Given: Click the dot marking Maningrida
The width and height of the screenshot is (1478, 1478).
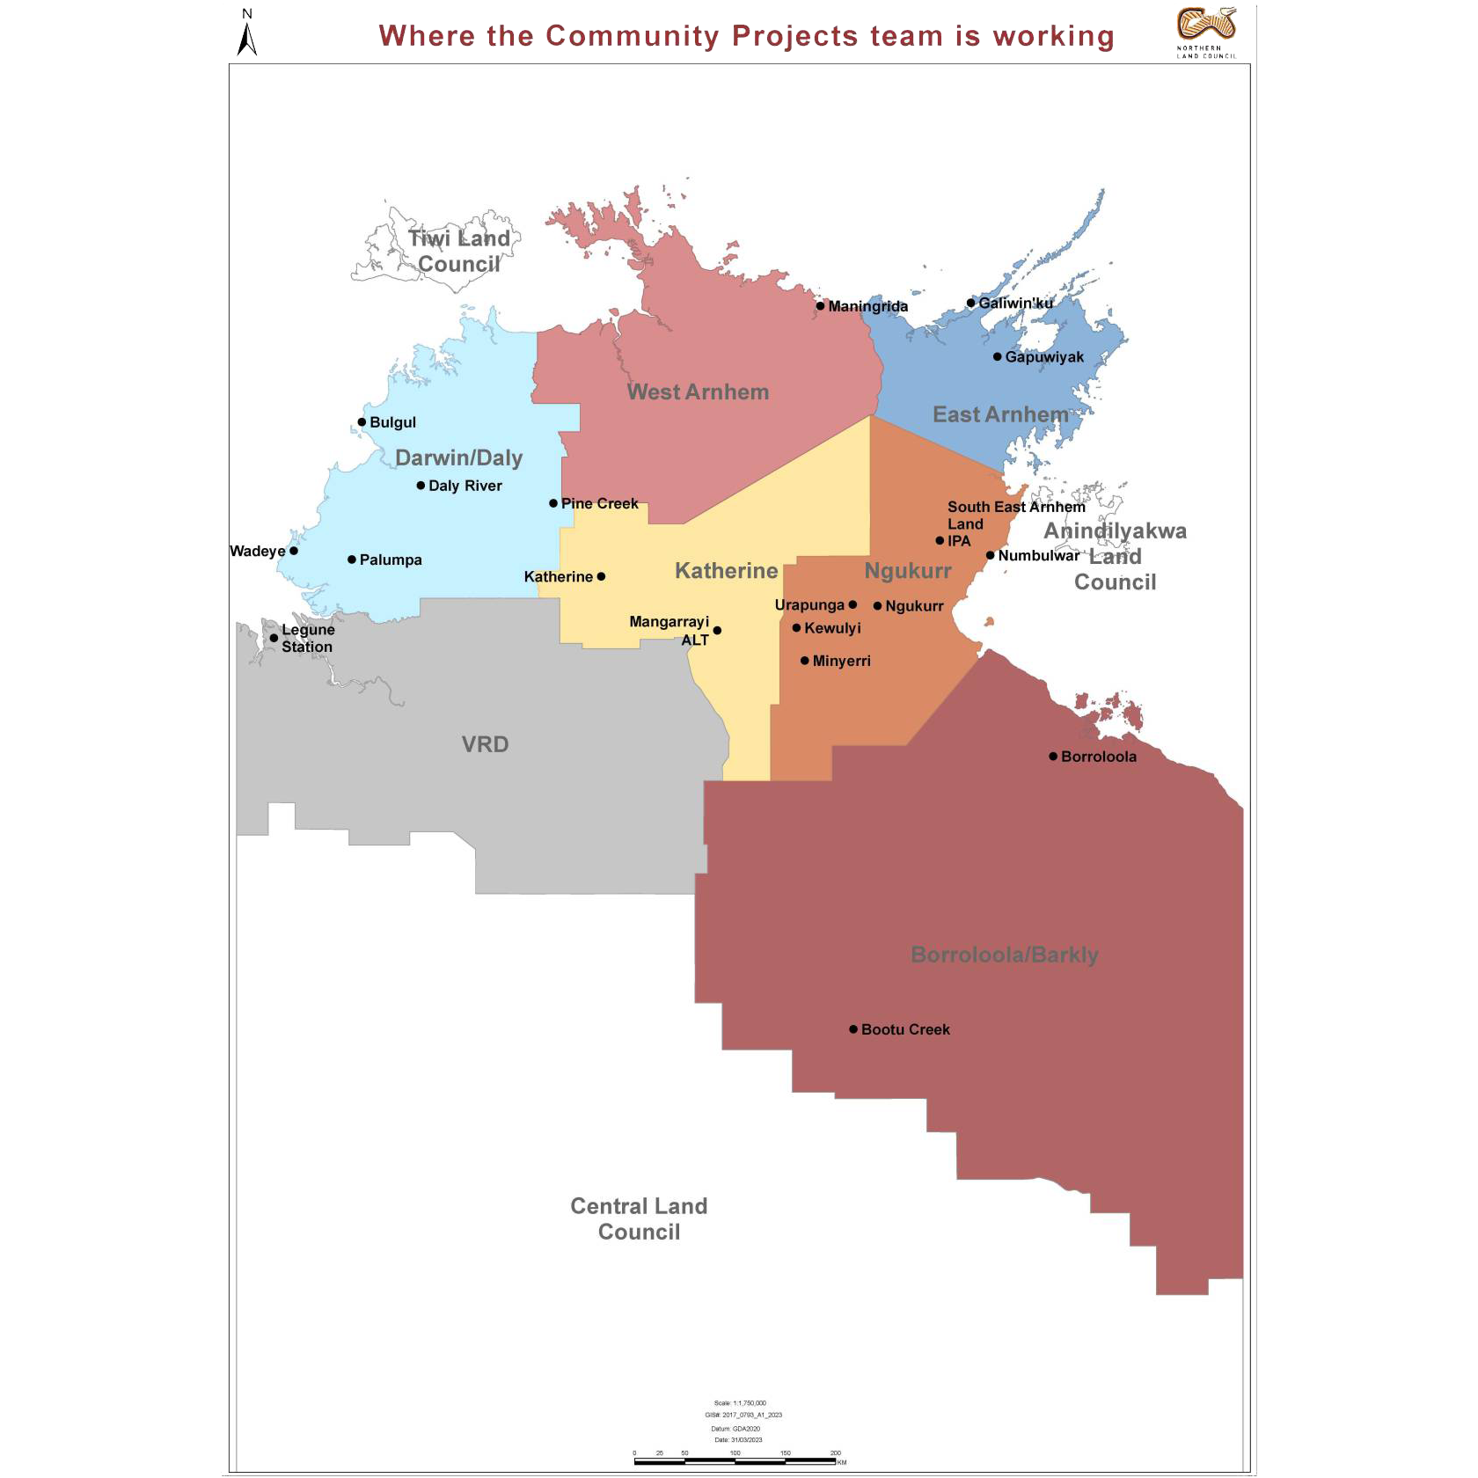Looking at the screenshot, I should click(820, 306).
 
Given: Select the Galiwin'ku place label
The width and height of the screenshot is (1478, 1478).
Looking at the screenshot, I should click(1015, 303).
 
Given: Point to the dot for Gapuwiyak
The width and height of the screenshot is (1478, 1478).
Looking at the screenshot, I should click(997, 356).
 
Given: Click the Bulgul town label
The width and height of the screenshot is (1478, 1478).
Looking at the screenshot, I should click(392, 422).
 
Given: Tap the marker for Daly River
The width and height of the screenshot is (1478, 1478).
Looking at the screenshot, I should click(421, 486).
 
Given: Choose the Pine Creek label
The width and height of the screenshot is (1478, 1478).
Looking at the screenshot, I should click(599, 503).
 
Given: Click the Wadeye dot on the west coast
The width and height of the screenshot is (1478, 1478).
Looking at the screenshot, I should click(294, 551).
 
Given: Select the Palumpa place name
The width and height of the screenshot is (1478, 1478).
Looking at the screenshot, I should click(391, 560).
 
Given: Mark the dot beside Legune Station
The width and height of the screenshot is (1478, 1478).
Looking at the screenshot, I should click(274, 638).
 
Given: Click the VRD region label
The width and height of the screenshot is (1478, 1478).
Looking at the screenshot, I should click(485, 744).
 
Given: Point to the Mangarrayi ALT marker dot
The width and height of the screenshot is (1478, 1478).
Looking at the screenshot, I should click(717, 630).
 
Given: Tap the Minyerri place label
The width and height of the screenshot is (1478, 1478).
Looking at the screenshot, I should click(841, 661).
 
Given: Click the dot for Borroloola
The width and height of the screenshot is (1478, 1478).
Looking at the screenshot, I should click(1053, 756).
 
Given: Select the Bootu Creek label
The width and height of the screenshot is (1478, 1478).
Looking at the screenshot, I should click(905, 1029).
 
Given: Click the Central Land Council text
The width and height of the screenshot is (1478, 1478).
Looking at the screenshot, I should click(639, 1218).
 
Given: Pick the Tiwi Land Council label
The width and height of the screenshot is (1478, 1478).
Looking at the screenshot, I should click(459, 251).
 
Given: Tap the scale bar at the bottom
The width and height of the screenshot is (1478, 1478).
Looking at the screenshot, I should click(735, 1461).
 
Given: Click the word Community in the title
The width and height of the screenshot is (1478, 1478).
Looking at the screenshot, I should click(633, 36).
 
